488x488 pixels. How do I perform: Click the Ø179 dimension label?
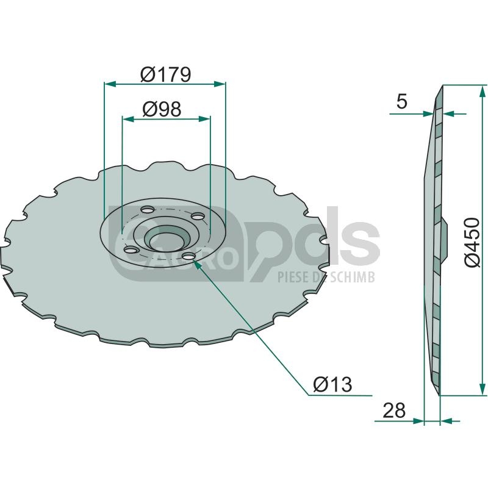point(165,74)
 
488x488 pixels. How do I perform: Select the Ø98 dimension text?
point(162,109)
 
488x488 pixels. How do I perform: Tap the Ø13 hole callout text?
point(332,384)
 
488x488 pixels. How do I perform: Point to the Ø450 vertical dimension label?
point(472,242)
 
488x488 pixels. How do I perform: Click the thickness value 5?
point(402,101)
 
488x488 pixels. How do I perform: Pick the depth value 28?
point(394,410)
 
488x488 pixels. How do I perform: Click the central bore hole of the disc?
point(167,240)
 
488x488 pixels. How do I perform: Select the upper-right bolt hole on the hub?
point(198,216)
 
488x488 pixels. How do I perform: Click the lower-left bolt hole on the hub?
point(131,249)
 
